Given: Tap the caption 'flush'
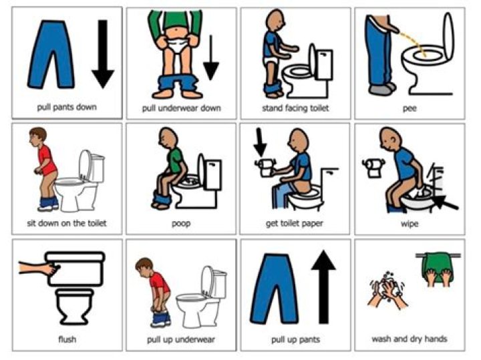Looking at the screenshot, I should point(67,339).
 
